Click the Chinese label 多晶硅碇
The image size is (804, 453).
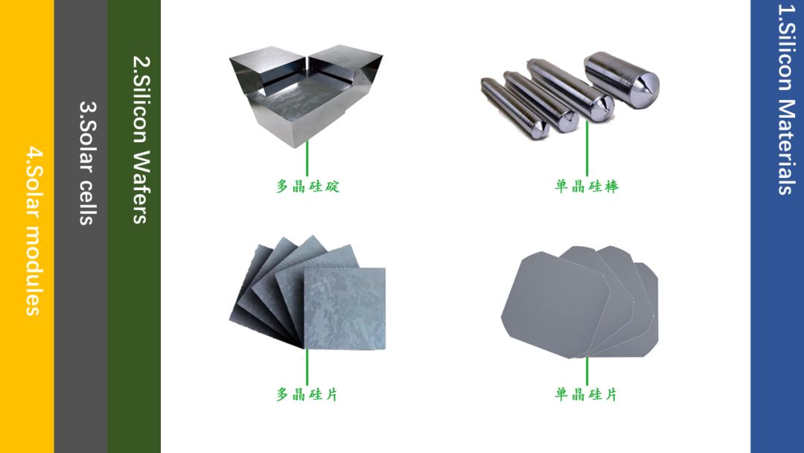[307, 186]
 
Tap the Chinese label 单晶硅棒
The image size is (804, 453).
[587, 186]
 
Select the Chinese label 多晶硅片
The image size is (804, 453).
[307, 394]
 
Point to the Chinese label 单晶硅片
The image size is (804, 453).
[586, 394]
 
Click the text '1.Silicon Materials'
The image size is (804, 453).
[786, 100]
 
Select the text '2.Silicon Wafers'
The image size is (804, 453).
[141, 139]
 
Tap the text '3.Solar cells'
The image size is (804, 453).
[87, 162]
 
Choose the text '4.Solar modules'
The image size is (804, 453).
[33, 232]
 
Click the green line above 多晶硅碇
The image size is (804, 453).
[307, 158]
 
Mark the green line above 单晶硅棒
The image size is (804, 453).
[587, 148]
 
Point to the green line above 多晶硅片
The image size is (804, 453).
[307, 367]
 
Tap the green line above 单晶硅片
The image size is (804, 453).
[587, 371]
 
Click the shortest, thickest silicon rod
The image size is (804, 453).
[621, 80]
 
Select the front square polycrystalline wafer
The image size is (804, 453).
[345, 308]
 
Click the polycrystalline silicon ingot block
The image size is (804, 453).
[306, 95]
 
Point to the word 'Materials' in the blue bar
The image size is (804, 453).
[786, 147]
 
